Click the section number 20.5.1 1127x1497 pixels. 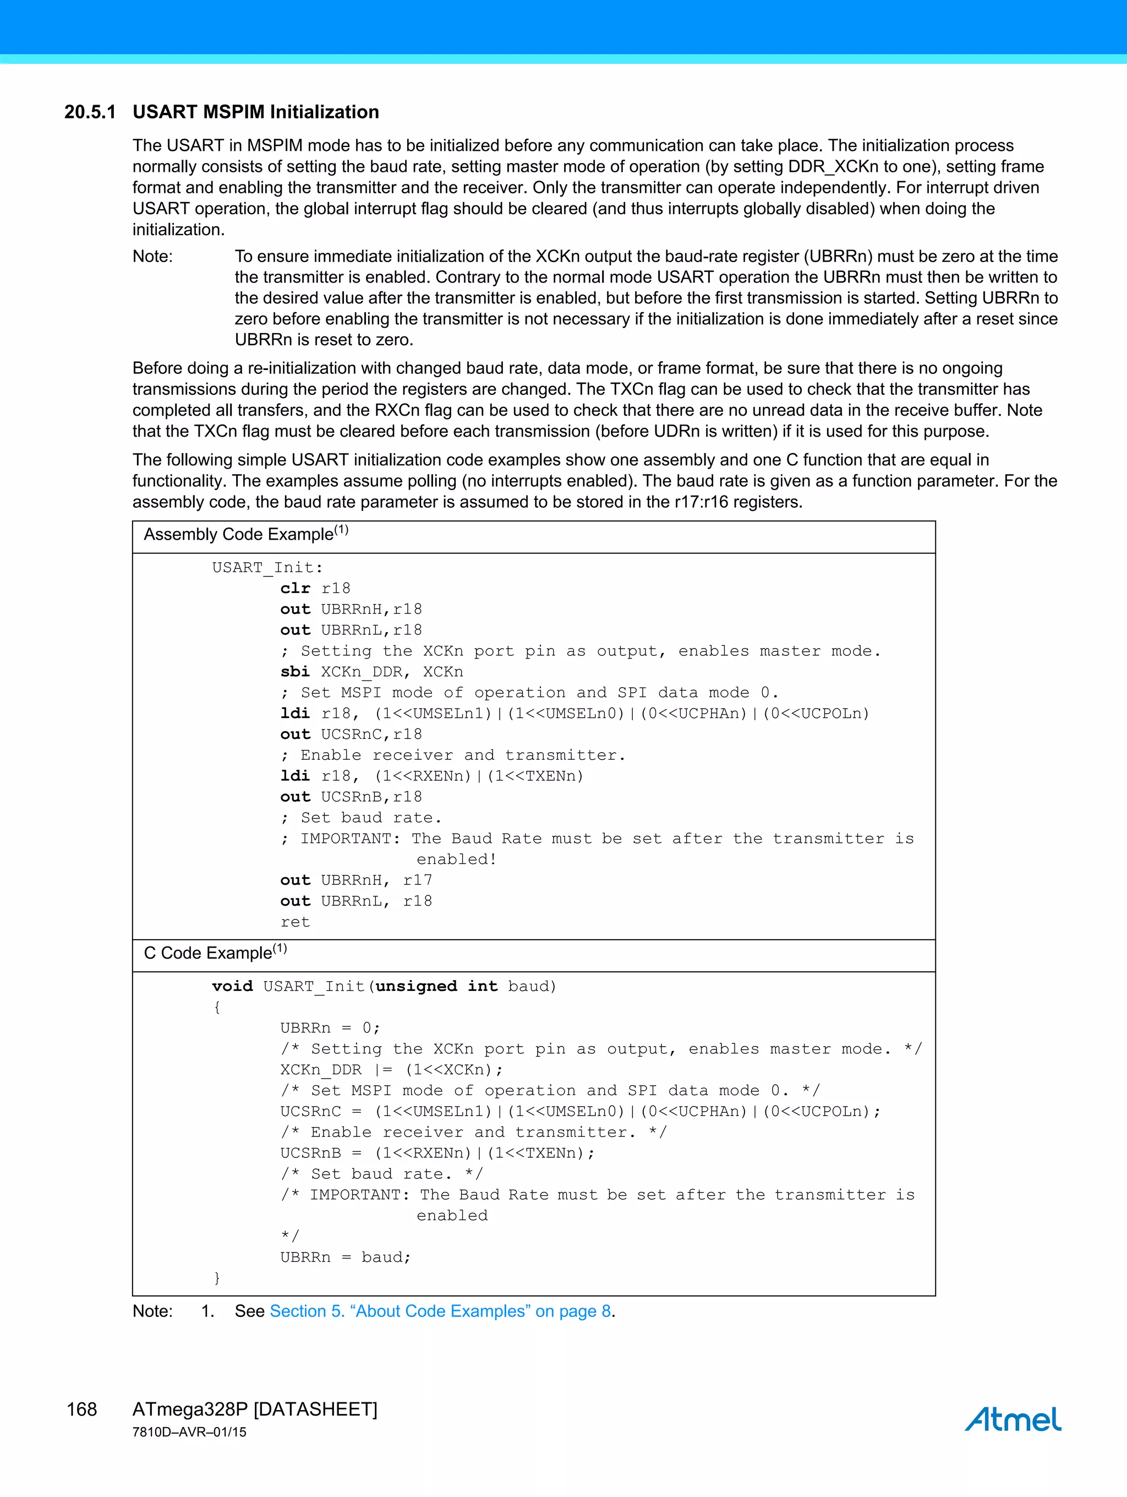(90, 112)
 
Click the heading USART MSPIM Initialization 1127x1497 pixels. (256, 112)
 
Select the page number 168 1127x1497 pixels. (82, 1409)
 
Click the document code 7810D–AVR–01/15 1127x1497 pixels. (189, 1432)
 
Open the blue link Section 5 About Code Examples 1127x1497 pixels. (440, 1311)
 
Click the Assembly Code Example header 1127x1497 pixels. (245, 534)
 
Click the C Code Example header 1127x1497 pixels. (215, 953)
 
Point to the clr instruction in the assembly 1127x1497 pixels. (295, 589)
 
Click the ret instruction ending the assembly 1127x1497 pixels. (295, 922)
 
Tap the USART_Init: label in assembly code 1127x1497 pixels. (267, 568)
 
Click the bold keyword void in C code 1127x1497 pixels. (232, 987)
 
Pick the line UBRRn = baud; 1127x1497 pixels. (346, 1258)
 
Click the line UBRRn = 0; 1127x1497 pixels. (330, 1028)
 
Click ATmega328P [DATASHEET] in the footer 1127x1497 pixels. (255, 1409)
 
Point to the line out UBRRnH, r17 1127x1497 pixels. (356, 880)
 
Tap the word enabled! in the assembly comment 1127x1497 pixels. (457, 859)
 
